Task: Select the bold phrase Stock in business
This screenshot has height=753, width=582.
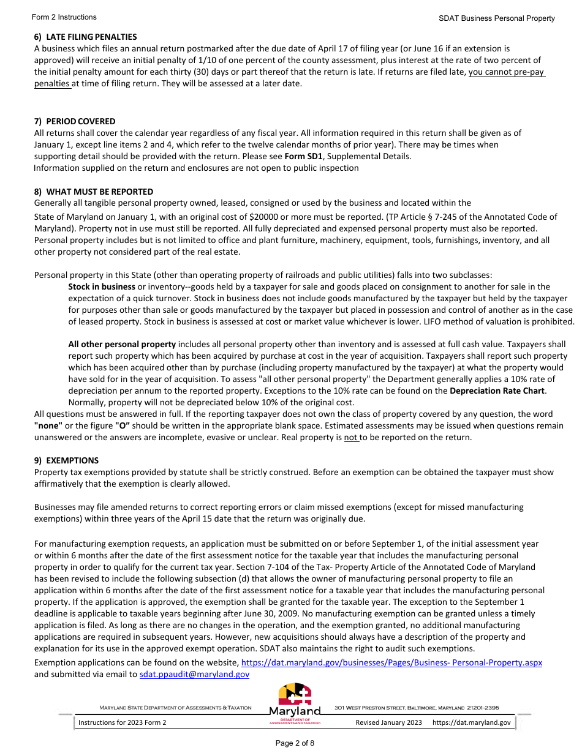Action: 102,287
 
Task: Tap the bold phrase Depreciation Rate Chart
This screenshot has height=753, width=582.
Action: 497,391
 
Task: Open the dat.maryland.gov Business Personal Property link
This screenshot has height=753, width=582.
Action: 391,662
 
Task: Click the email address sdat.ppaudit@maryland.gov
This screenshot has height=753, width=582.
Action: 194,674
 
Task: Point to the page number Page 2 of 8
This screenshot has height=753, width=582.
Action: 295,743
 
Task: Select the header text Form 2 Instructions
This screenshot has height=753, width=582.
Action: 65,17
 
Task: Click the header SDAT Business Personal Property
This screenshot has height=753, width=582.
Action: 496,18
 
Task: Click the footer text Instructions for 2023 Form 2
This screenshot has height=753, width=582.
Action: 122,722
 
